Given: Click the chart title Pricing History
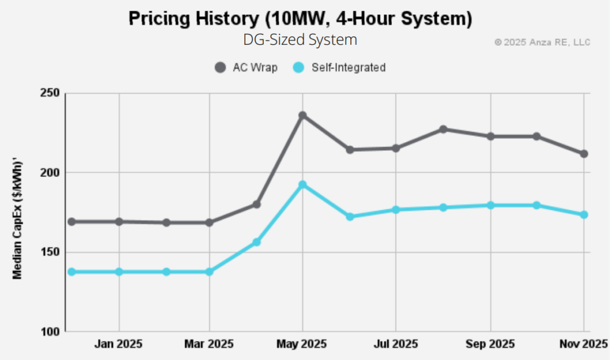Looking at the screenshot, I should pyautogui.click(x=301, y=19).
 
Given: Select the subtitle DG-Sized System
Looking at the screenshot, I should pyautogui.click(x=300, y=40).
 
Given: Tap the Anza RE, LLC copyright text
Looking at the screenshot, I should pyautogui.click(x=542, y=42).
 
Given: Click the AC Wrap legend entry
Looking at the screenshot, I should pyautogui.click(x=246, y=67).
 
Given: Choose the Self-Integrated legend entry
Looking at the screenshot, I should pyautogui.click(x=340, y=67).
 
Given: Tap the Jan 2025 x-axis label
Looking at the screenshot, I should pyautogui.click(x=119, y=345).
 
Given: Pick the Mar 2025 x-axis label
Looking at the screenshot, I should pyautogui.click(x=209, y=345).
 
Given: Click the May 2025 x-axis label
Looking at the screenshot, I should pyautogui.click(x=303, y=345).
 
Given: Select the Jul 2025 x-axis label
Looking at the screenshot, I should pyautogui.click(x=396, y=345).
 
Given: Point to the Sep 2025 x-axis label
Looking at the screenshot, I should pyautogui.click(x=490, y=345).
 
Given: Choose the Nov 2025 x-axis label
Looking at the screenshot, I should pyautogui.click(x=582, y=345).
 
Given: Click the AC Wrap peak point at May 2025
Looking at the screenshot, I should pyautogui.click(x=303, y=116).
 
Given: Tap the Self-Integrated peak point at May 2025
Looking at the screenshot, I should pyautogui.click(x=303, y=185).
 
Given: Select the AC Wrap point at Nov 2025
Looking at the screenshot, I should pyautogui.click(x=584, y=154).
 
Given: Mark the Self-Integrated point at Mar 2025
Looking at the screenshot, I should pyautogui.click(x=209, y=272).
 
